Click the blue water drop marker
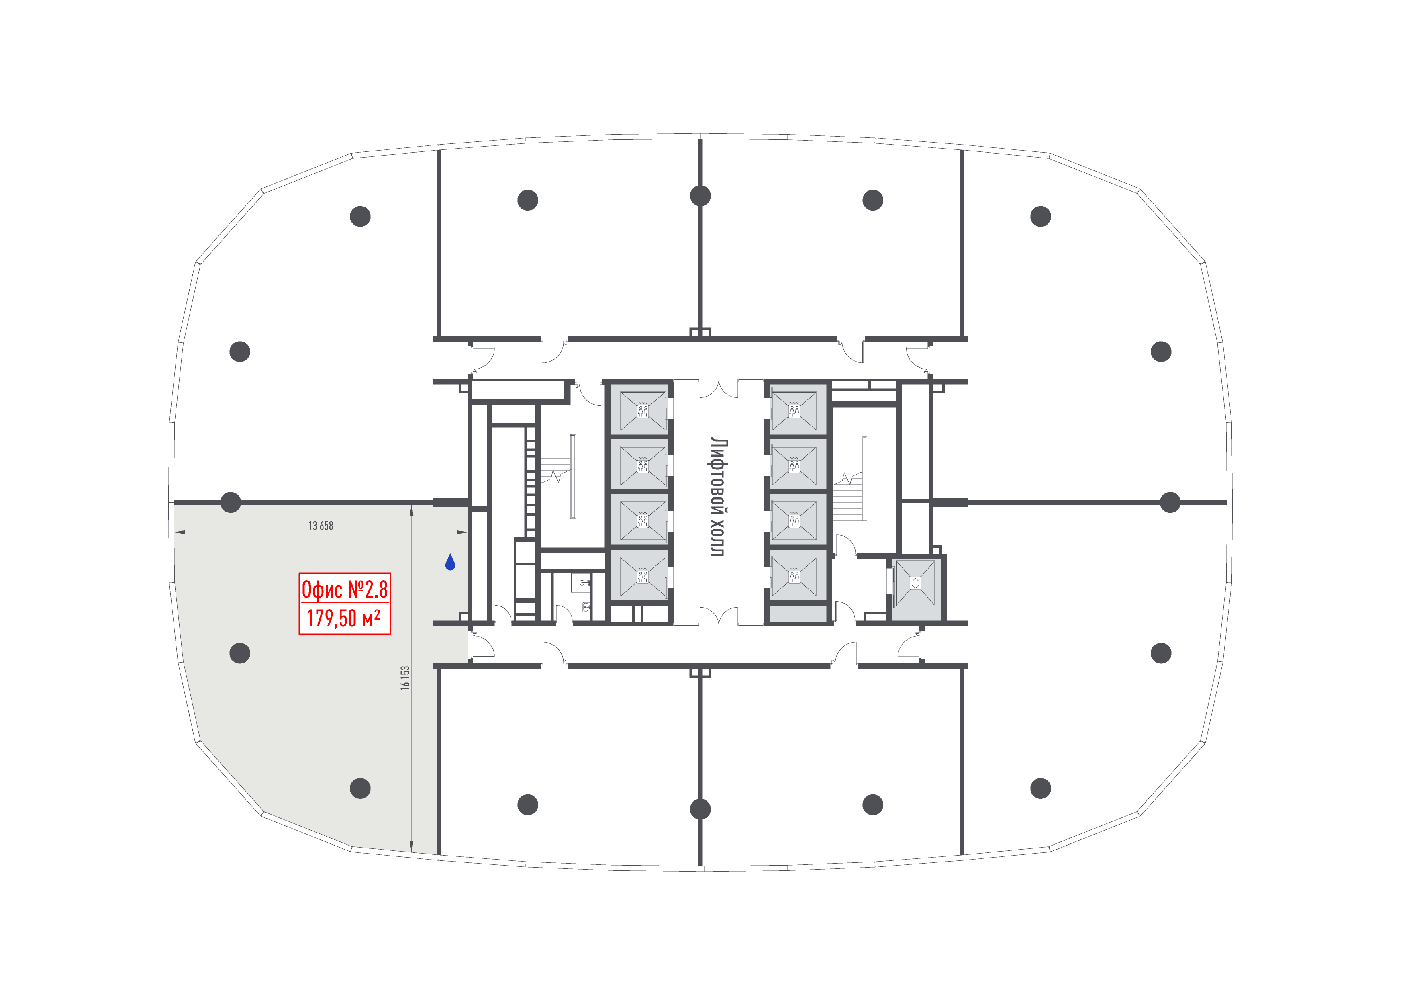[450, 562]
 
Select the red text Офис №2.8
[344, 590]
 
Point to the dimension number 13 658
[321, 526]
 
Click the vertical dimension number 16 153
[405, 678]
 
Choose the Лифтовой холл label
[718, 497]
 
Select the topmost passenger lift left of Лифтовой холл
[643, 411]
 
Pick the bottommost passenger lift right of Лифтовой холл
[794, 577]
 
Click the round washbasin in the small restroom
[582, 582]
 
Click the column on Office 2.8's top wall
[230, 502]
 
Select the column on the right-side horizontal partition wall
[1170, 502]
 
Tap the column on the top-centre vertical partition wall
[700, 196]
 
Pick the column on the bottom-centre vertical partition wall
[700, 809]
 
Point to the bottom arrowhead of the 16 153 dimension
[411, 848]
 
